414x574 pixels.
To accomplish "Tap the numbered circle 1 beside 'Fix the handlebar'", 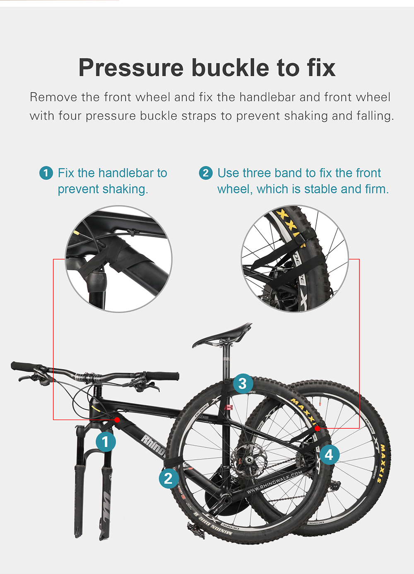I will point(46,173).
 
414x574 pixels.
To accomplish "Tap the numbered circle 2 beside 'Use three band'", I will point(206,173).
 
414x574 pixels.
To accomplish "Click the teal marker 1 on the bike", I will point(106,442).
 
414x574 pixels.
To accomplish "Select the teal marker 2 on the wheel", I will point(168,478).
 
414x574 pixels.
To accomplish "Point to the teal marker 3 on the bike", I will point(243,384).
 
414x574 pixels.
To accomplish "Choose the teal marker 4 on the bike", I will point(329,455).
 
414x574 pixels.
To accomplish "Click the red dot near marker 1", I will point(117,420).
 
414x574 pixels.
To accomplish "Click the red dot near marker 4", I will point(317,429).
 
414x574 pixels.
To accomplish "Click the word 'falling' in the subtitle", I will point(375,116).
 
